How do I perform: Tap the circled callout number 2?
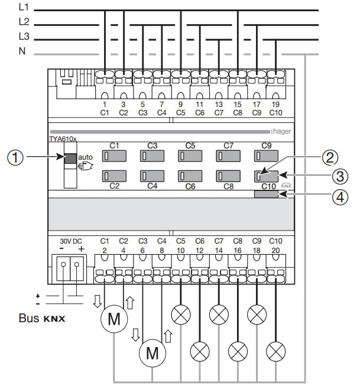(x=330, y=157)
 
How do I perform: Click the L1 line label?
(x=24, y=8)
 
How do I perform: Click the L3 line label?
(x=24, y=37)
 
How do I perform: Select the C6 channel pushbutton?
(x=189, y=176)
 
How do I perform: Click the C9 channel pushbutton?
(x=265, y=156)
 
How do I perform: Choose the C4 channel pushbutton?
(x=151, y=176)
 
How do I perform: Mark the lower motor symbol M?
(x=153, y=353)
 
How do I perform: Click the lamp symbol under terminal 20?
(x=275, y=353)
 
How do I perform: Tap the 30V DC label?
(x=72, y=242)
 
